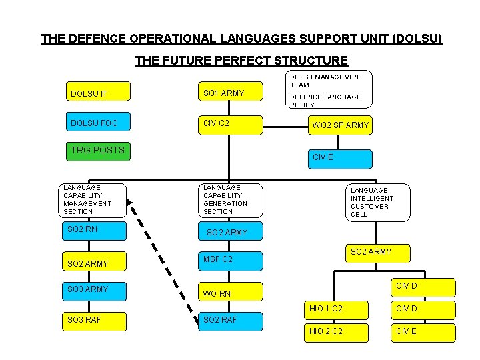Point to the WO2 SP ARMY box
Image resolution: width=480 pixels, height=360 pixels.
339,125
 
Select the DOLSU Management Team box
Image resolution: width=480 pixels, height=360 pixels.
329,90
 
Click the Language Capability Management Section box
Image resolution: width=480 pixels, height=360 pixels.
93,200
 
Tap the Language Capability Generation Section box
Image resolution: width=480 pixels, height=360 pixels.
231,200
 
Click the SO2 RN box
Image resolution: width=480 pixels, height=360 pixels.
93,231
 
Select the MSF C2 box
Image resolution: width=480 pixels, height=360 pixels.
231,259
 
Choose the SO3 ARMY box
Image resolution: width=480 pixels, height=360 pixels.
93,290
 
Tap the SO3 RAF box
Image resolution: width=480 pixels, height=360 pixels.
93,320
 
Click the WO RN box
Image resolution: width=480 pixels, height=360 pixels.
231,293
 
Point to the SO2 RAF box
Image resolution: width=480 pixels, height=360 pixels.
231,321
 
